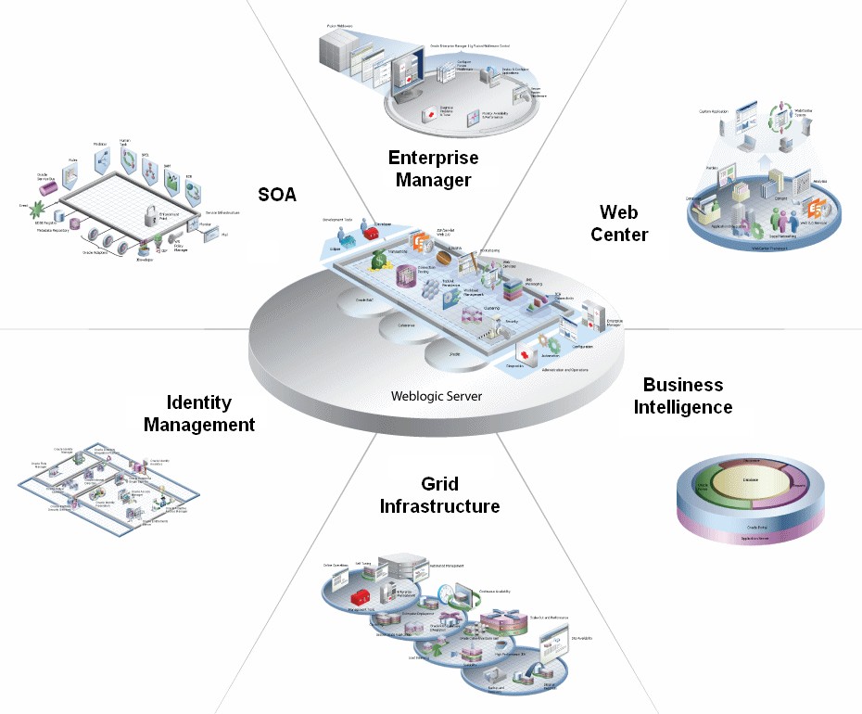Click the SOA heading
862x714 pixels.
pos(277,193)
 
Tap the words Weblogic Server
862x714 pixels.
pos(437,397)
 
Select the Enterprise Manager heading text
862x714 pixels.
pos(434,169)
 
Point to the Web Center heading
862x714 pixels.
pos(619,223)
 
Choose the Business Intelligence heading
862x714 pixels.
pos(683,396)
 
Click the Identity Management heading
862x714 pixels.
pos(210,414)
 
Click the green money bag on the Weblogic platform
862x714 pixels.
pos(381,263)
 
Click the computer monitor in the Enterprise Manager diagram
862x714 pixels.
pos(405,71)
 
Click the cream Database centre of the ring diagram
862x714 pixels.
pos(752,481)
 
